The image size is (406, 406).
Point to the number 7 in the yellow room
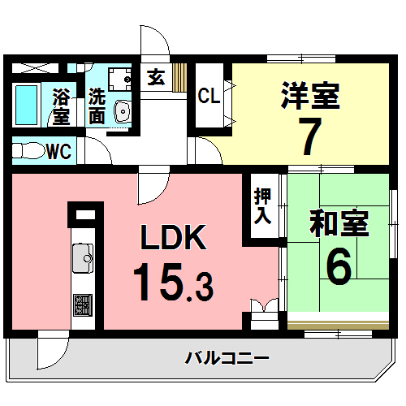click(x=309, y=136)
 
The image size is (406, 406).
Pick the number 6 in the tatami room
click(x=339, y=265)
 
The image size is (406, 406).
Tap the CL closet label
click(x=209, y=97)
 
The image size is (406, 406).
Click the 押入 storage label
click(x=262, y=206)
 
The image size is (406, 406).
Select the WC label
click(x=58, y=150)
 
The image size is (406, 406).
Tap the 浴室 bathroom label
click(x=60, y=106)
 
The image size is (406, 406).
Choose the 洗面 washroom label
click(x=97, y=106)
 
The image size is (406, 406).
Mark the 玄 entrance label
click(x=155, y=78)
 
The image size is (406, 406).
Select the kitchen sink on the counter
click(x=83, y=260)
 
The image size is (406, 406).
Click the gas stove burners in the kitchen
click(x=83, y=305)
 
